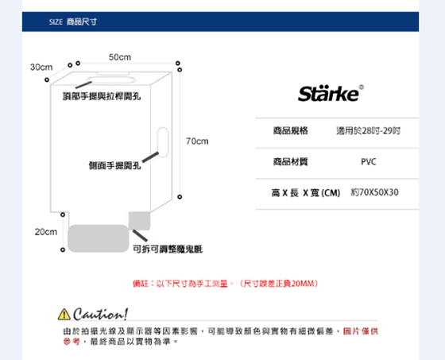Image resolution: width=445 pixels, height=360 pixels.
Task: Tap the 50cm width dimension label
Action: tap(120, 57)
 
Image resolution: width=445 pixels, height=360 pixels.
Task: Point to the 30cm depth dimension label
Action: tap(41, 68)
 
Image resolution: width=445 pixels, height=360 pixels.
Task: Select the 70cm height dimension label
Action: tap(197, 141)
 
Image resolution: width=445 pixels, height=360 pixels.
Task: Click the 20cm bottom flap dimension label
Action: tap(46, 232)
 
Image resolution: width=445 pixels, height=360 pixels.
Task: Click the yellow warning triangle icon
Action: tap(64, 314)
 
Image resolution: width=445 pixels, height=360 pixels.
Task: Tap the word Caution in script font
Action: tap(100, 314)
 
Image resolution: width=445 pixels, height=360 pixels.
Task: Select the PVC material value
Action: tap(369, 162)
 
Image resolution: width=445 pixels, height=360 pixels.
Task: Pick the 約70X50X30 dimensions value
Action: tap(374, 192)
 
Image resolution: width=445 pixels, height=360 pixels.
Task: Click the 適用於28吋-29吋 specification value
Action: tap(369, 131)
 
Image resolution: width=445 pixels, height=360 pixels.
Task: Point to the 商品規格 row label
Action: tap(291, 130)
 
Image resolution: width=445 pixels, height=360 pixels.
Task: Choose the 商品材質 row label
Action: tap(291, 162)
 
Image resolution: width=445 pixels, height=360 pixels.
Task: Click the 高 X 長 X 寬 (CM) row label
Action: tap(306, 193)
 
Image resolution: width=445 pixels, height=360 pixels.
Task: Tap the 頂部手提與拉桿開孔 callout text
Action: tap(102, 96)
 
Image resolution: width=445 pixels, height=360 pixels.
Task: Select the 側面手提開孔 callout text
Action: tap(115, 165)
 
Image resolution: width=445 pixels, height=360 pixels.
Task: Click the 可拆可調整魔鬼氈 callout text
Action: tap(168, 250)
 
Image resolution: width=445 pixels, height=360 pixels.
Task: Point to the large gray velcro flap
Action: tap(99, 238)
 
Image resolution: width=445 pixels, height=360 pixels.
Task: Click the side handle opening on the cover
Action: tap(163, 142)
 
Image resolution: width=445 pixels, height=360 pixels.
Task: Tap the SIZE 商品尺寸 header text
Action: tap(73, 22)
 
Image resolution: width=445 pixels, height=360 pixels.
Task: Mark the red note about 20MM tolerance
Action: tap(226, 284)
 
